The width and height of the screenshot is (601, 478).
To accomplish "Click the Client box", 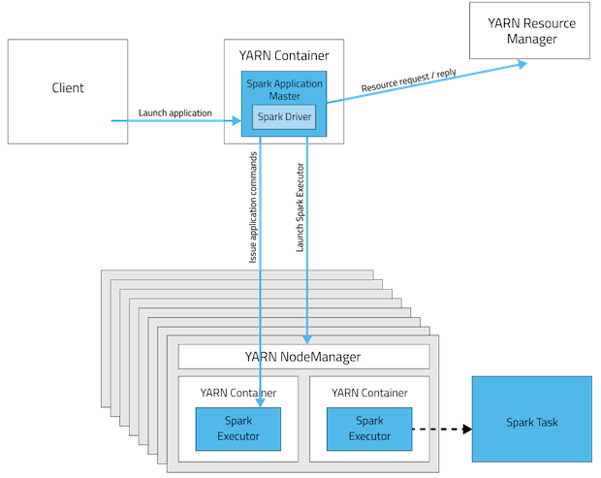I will pyautogui.click(x=67, y=88).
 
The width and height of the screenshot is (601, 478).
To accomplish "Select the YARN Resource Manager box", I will pyautogui.click(x=532, y=31).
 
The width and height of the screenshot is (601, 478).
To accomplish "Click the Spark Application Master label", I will pyautogui.click(x=284, y=88).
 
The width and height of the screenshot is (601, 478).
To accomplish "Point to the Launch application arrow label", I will pyautogui.click(x=175, y=112).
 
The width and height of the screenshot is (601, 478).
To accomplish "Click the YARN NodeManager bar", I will pyautogui.click(x=303, y=357).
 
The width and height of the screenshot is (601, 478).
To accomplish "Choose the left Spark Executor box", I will pyautogui.click(x=237, y=429).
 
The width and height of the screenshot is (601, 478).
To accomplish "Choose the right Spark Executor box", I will pyautogui.click(x=368, y=429).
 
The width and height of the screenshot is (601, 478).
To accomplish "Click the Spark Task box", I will pyautogui.click(x=531, y=423).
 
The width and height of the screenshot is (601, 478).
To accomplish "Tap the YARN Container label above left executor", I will pyautogui.click(x=237, y=393).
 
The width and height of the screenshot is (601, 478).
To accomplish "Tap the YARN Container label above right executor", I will pyautogui.click(x=368, y=393).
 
